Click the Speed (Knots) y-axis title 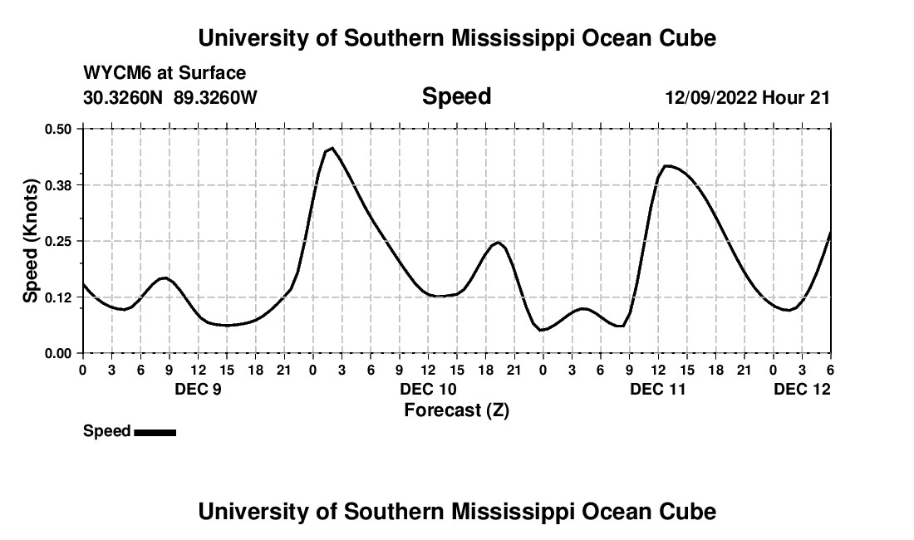pyautogui.click(x=31, y=241)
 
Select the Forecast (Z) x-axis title pyautogui.click(x=456, y=410)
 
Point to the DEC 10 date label pyautogui.click(x=429, y=389)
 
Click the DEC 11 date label pyautogui.click(x=658, y=389)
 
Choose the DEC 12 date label pyautogui.click(x=803, y=389)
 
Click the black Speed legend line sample pyautogui.click(x=155, y=432)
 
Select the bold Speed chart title pyautogui.click(x=456, y=96)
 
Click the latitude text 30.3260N pyautogui.click(x=124, y=97)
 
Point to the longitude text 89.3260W pyautogui.click(x=215, y=97)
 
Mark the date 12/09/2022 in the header pyautogui.click(x=710, y=97)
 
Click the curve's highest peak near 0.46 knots pyautogui.click(x=332, y=148)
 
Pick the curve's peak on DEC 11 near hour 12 pyautogui.click(x=667, y=165)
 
